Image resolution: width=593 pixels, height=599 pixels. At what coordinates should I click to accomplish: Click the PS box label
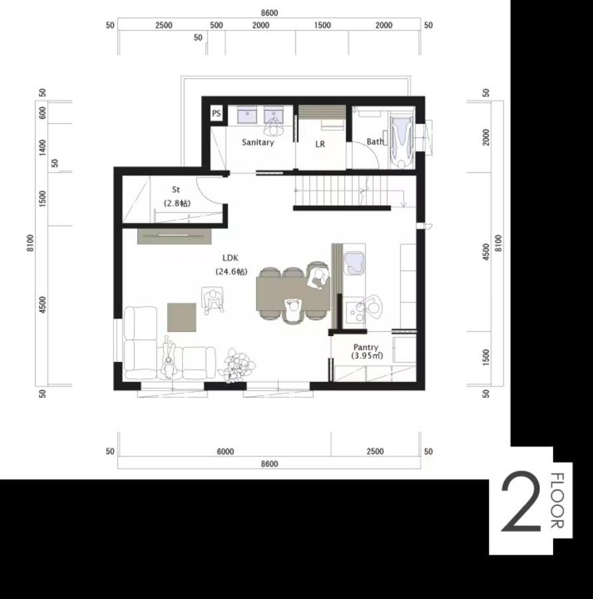click(216, 113)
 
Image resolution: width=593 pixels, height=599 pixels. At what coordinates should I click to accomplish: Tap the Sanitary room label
click(258, 142)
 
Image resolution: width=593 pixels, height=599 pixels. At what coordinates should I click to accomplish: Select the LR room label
click(320, 144)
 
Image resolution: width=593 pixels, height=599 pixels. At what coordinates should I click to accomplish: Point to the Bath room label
click(375, 141)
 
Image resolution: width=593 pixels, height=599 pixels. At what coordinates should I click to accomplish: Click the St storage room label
click(176, 190)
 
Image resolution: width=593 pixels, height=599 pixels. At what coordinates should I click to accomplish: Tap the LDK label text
click(230, 258)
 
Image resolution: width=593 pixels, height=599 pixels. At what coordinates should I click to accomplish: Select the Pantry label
click(366, 347)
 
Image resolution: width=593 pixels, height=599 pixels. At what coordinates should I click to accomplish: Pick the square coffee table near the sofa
click(182, 317)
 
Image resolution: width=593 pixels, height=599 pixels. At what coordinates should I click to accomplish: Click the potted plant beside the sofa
click(236, 364)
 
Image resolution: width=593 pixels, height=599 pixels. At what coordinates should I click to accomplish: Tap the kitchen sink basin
click(353, 263)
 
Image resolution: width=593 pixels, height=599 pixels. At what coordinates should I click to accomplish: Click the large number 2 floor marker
click(521, 502)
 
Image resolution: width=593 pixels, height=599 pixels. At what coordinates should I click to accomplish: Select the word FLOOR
click(558, 500)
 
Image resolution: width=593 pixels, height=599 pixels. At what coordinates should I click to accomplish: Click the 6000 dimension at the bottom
click(226, 451)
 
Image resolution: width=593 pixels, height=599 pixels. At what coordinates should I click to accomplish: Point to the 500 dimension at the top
click(216, 25)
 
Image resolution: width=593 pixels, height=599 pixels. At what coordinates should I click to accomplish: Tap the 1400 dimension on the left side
click(43, 148)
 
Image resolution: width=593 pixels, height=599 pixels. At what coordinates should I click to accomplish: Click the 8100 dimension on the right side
click(498, 243)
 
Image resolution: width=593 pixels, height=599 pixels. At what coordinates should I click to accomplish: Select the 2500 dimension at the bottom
click(375, 451)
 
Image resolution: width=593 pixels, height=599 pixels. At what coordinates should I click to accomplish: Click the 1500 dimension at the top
click(323, 25)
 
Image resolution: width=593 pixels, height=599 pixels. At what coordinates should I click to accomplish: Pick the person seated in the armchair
click(213, 300)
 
